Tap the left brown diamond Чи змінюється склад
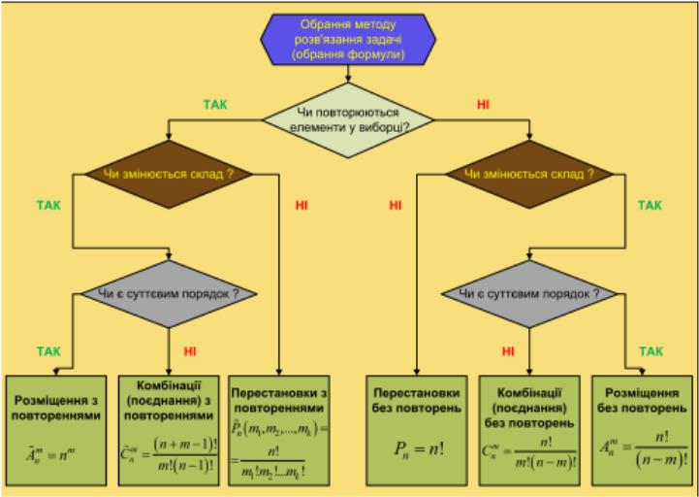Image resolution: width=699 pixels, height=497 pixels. (x=169, y=175)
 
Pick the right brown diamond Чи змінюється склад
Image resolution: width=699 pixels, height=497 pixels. (x=528, y=175)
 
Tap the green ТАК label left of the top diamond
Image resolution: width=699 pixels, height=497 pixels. (x=215, y=103)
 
